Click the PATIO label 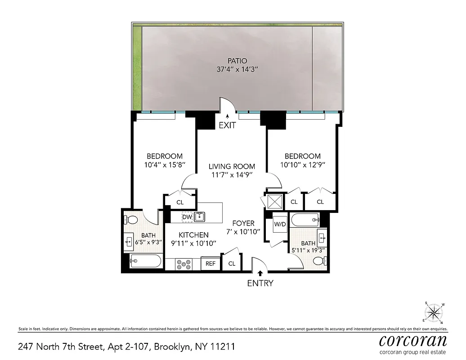(x=237, y=61)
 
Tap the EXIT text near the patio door (x=227, y=126)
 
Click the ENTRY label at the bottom (x=260, y=283)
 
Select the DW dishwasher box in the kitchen (x=187, y=217)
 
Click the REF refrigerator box (x=211, y=264)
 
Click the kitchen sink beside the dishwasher (x=200, y=217)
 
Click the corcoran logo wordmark (x=413, y=340)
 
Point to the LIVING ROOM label (x=232, y=166)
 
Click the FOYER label (x=243, y=223)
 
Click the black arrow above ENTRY (x=260, y=272)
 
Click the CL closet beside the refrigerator (x=232, y=264)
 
